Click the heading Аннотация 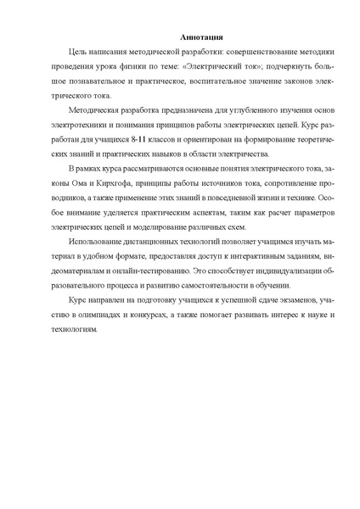coord(179,36)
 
